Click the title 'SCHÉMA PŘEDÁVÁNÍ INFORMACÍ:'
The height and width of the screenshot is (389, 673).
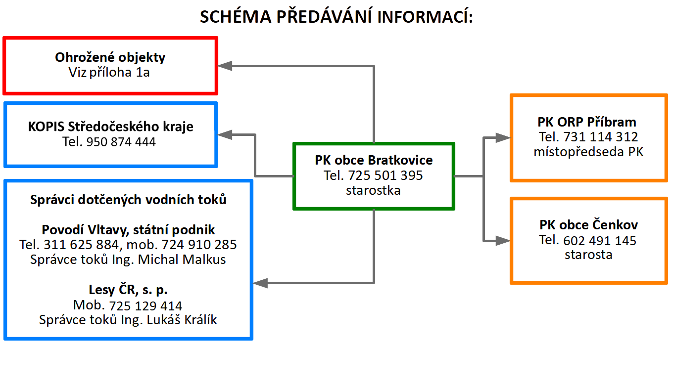pos(336,16)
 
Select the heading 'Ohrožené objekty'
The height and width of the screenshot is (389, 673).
pos(110,57)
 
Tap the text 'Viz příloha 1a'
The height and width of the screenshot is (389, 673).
pos(109,72)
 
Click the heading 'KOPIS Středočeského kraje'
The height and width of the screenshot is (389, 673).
pos(110,127)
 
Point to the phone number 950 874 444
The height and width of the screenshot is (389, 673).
pos(121,142)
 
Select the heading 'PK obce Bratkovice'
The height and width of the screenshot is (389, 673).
pos(374,160)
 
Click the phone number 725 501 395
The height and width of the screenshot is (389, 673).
pos(385,175)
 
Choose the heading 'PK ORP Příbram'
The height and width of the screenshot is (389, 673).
pos(587,122)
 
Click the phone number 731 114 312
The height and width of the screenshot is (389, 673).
pos(601,137)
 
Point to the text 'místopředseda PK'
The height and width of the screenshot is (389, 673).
pos(588,152)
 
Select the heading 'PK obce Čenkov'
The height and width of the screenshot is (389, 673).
pos(588,225)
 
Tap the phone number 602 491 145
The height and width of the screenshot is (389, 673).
pos(600,241)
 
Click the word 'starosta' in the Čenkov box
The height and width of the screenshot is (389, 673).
pos(588,255)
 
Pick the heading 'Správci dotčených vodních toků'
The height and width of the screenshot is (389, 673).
pos(128,200)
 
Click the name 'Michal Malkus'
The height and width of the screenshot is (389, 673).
pos(182,259)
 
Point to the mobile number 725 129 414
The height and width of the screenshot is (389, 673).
pos(145,306)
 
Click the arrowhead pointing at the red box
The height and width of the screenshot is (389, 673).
pos(225,66)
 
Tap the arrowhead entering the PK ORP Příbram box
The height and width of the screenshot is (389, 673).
pos(503,138)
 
